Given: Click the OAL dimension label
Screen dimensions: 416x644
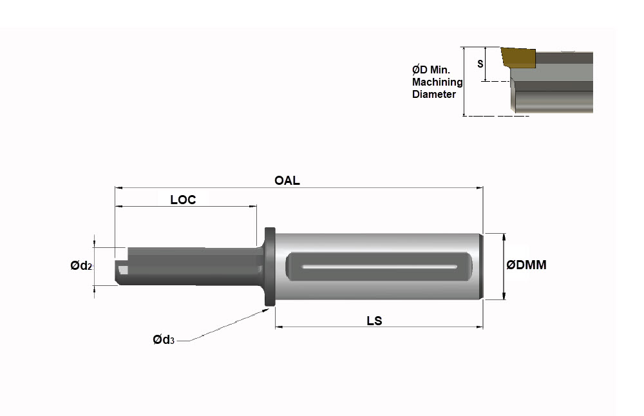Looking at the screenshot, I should pos(287,181).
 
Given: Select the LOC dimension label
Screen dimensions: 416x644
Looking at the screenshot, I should pos(183,200).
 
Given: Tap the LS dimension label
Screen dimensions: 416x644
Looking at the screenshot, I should pos(374,321).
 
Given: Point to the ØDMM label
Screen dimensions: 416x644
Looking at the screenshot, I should pos(527,265).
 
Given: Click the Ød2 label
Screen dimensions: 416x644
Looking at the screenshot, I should pos(82,266).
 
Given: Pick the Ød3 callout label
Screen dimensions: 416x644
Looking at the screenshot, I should pos(164,340).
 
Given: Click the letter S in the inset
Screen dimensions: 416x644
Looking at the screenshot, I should pos(480,64).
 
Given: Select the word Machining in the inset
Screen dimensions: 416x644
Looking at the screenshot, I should pos(437,82).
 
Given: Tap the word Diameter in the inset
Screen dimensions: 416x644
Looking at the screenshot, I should pos(434,94).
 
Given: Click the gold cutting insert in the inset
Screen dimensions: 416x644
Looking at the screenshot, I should pos(518,57).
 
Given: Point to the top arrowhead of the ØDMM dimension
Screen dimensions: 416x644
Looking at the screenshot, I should pos(504,236).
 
